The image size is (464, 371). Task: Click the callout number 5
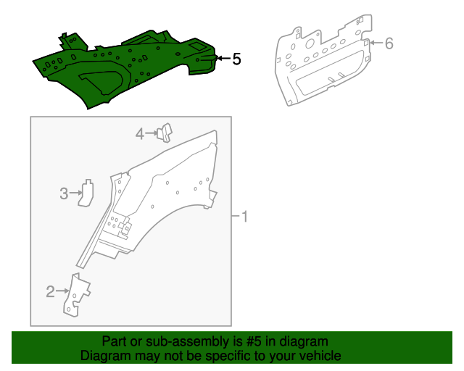[x=236, y=59]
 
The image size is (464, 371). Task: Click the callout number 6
[x=389, y=43]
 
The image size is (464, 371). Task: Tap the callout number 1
[x=244, y=217]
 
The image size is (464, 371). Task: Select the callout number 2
[x=50, y=291]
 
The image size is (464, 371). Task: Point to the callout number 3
[x=64, y=193]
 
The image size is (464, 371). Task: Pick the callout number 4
[x=140, y=134]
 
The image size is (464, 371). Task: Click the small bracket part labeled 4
[x=165, y=133]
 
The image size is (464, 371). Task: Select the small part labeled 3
[x=86, y=193]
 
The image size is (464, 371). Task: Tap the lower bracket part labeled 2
[x=76, y=295]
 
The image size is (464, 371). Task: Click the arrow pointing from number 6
[x=376, y=43]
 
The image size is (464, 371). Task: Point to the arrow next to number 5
[x=224, y=58]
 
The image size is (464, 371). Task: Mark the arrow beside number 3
[x=76, y=193]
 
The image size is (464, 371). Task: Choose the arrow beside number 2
[x=63, y=291]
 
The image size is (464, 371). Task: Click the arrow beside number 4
[x=152, y=133]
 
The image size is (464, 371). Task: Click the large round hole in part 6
[x=310, y=43]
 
